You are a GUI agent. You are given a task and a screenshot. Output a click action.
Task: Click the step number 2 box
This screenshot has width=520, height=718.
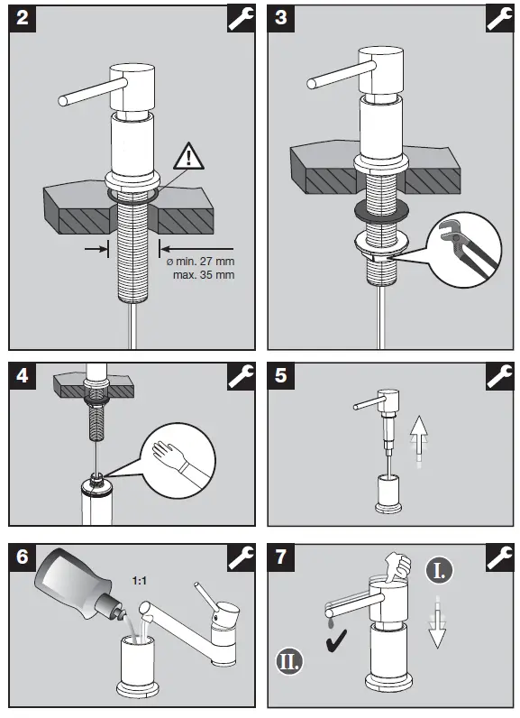pyautogui.click(x=23, y=19)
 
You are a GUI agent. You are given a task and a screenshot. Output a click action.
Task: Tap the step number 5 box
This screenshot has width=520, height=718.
pyautogui.click(x=281, y=376)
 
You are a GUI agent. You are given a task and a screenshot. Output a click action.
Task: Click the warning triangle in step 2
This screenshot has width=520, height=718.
pyautogui.click(x=188, y=157)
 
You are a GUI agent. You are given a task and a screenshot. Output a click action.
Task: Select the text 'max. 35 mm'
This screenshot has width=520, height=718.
pyautogui.click(x=204, y=275)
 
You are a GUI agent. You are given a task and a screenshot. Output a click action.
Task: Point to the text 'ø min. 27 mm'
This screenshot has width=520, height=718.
pyautogui.click(x=200, y=262)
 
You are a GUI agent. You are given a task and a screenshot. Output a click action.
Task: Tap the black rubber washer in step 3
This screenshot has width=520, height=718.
pyautogui.click(x=381, y=210)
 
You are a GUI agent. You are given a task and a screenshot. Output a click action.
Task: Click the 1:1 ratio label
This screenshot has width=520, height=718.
pyautogui.click(x=140, y=581)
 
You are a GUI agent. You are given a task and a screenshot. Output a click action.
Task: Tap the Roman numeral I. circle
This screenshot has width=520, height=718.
pyautogui.click(x=439, y=571)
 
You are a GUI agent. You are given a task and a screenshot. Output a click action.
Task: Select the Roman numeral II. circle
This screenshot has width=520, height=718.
pyautogui.click(x=289, y=661)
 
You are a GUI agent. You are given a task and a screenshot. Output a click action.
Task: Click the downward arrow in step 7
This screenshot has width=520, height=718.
pyautogui.click(x=438, y=621)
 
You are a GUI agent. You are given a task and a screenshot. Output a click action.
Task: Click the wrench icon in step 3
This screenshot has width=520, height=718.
pyautogui.click(x=500, y=19)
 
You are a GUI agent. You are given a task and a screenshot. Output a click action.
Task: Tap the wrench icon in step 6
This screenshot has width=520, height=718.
pyautogui.click(x=241, y=557)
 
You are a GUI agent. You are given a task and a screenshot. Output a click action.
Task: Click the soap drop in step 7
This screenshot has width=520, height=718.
pyautogui.click(x=331, y=622)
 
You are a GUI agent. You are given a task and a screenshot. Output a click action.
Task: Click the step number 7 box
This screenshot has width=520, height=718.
pyautogui.click(x=281, y=557)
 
